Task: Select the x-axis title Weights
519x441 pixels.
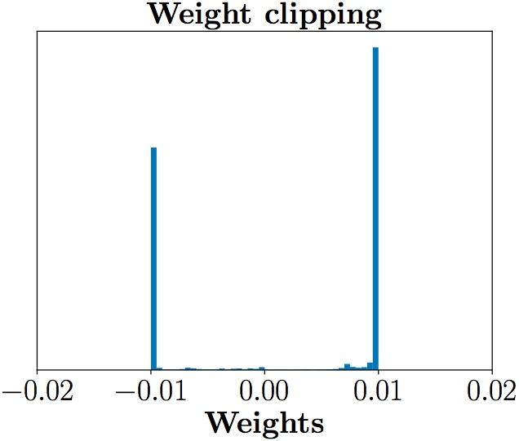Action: (264, 423)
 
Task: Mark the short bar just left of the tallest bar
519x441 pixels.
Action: (370, 366)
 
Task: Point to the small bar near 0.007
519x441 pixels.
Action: (347, 367)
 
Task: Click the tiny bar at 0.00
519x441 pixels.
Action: (261, 368)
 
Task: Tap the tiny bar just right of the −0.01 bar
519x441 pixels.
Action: (159, 369)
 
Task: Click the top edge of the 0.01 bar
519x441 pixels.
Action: (375, 47)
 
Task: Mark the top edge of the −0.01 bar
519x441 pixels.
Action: (153, 148)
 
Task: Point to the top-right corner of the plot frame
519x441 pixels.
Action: (492, 31)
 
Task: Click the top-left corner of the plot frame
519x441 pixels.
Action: (37, 31)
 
